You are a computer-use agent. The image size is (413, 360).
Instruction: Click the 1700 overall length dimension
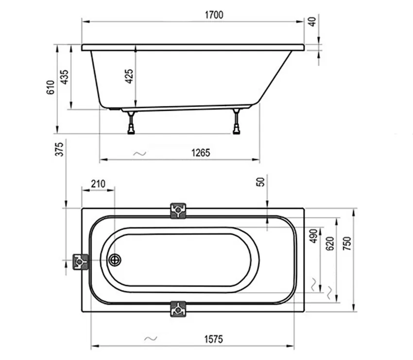pos(214,15)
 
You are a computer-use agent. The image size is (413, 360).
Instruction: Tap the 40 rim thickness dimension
pos(312,21)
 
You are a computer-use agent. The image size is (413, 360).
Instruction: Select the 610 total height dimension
pos(51,87)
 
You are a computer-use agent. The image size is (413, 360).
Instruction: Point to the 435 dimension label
pos(64,77)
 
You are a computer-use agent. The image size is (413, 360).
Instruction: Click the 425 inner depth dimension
pos(129,76)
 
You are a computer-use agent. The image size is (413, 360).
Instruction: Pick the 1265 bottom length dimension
pos(201,153)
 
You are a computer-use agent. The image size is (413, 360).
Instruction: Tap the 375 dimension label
pos(59,149)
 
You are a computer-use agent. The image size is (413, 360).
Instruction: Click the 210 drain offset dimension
pos(98,184)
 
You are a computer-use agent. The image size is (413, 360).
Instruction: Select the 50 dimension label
pos(260,182)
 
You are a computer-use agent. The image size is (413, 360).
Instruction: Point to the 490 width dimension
pos(313,236)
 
